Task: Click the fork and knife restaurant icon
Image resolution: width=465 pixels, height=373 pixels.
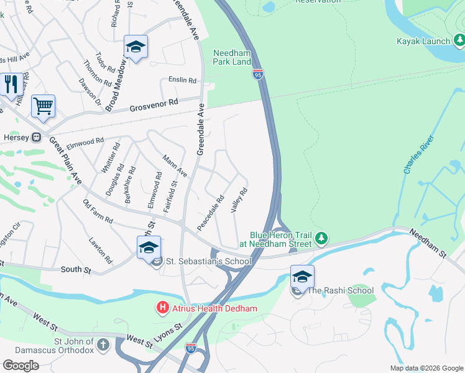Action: click(x=11, y=85)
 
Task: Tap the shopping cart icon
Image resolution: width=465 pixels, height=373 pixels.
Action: click(x=43, y=106)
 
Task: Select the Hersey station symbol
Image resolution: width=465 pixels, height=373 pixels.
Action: click(x=37, y=137)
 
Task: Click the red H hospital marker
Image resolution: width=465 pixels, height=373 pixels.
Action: click(x=162, y=307)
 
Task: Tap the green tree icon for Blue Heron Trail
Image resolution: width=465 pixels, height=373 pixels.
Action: click(x=321, y=238)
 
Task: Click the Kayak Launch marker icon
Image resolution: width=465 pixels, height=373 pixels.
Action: click(x=459, y=41)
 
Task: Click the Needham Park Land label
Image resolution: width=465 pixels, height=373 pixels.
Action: click(x=233, y=57)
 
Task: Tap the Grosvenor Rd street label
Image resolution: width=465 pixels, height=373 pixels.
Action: click(x=154, y=104)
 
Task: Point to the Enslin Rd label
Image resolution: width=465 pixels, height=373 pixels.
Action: click(x=182, y=80)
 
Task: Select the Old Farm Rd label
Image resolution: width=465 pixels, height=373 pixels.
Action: click(x=98, y=211)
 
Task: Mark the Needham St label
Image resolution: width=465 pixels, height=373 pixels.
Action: click(x=428, y=242)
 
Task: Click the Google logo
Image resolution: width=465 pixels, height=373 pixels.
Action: click(x=21, y=365)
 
